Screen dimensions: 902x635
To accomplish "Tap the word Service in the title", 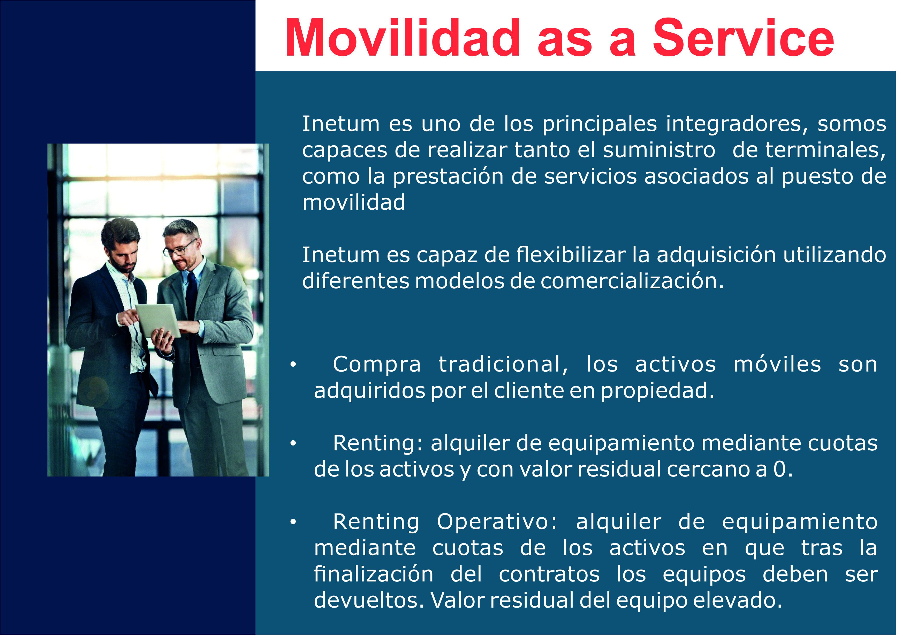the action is [742, 38].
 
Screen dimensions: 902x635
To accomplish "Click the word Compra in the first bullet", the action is [377, 365].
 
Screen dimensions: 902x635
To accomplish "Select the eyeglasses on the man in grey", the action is [180, 249].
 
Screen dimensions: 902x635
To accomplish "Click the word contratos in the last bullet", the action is [549, 574].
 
